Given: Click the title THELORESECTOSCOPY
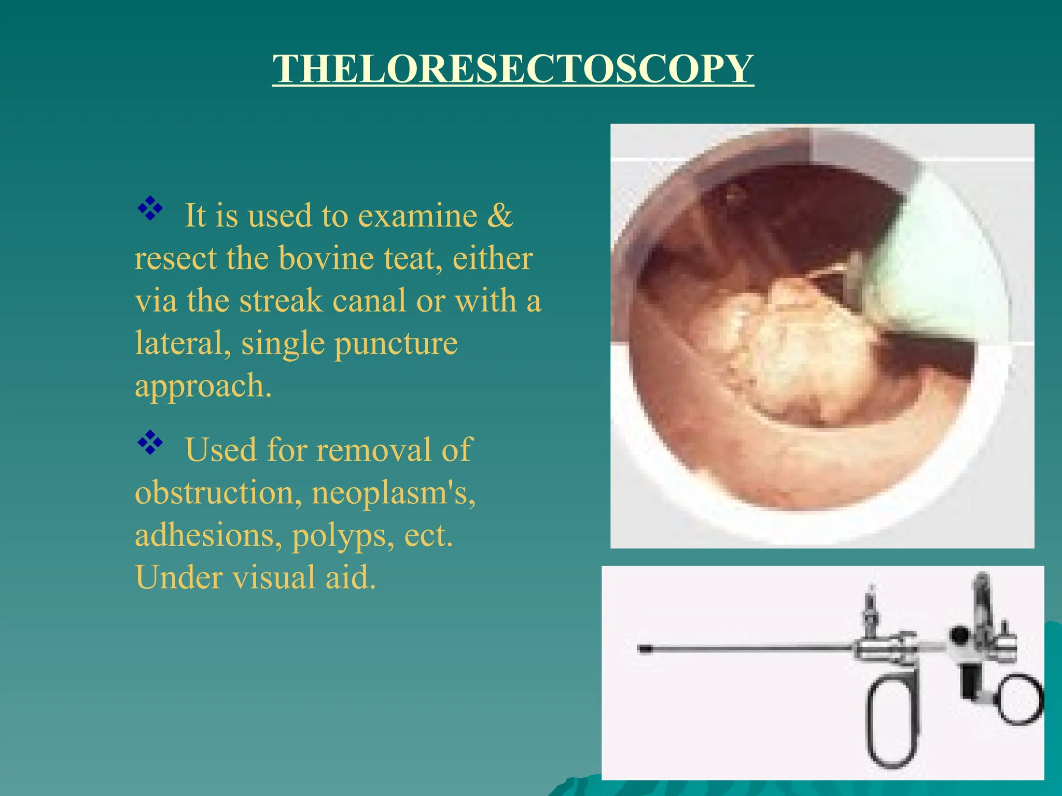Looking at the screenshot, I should click(x=513, y=69).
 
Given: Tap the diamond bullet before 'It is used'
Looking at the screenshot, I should click(x=150, y=209).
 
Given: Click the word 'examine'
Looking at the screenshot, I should click(x=417, y=216).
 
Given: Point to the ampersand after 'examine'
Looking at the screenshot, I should click(x=500, y=216).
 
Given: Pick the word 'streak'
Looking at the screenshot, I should click(x=281, y=301).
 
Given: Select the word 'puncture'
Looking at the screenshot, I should click(x=396, y=344).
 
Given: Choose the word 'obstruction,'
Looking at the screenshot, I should click(x=218, y=493).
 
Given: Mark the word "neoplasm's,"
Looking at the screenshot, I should click(x=393, y=493).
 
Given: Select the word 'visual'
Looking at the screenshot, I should click(x=273, y=578).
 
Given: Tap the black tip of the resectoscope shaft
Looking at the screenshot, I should click(x=645, y=649).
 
